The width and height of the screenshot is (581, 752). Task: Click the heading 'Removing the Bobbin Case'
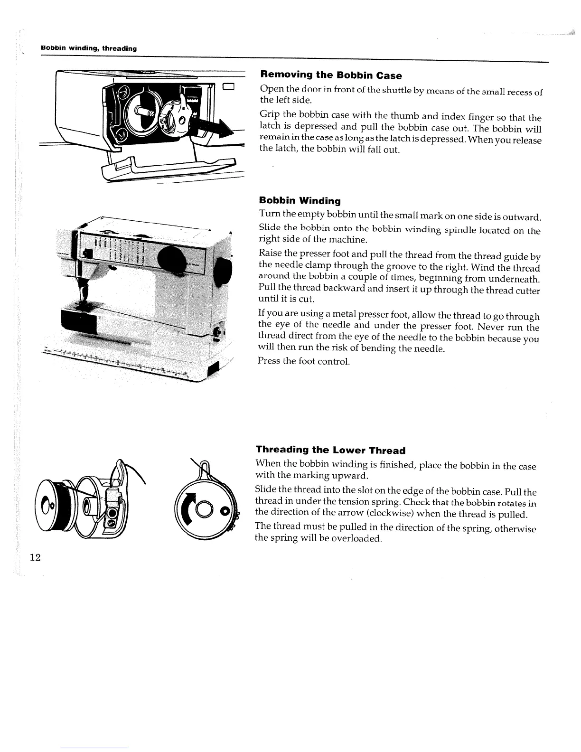(x=331, y=75)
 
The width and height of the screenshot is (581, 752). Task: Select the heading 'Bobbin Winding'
(x=300, y=201)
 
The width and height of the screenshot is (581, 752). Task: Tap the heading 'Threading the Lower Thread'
(x=330, y=450)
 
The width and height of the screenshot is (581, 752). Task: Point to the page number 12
(x=35, y=557)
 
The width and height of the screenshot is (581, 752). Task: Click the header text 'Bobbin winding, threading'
(x=89, y=48)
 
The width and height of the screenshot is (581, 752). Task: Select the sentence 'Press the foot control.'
(x=303, y=361)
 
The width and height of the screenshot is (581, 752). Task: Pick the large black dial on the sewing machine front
(x=173, y=259)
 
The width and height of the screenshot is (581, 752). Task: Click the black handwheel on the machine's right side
(x=223, y=273)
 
